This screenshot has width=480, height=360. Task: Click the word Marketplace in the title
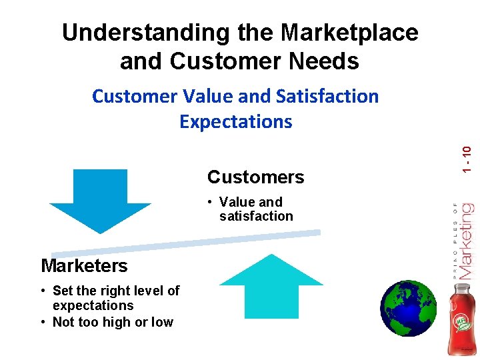(349, 33)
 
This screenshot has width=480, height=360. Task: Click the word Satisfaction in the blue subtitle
(326, 96)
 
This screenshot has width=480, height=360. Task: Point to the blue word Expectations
(236, 121)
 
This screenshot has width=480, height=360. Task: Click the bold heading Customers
(255, 177)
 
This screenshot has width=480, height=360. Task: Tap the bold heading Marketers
(84, 266)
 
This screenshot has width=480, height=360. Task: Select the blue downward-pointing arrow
(100, 199)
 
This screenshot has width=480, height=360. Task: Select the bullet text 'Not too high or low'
(113, 322)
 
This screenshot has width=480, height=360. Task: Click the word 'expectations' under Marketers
(93, 305)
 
